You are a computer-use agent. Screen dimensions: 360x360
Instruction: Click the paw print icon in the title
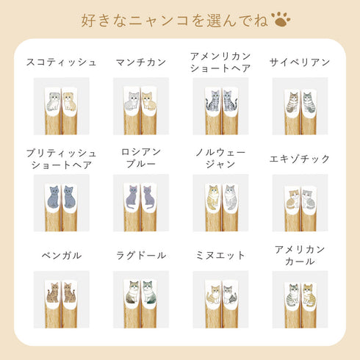(281, 19)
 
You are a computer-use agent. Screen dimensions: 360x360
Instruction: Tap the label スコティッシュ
(61, 62)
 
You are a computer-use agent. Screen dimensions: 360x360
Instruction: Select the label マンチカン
(141, 62)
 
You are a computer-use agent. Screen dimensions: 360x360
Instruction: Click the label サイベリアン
(300, 62)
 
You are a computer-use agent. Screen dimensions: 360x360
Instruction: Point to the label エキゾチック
(300, 159)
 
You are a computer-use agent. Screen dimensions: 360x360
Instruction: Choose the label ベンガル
(61, 256)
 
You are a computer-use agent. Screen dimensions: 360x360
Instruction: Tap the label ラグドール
(141, 256)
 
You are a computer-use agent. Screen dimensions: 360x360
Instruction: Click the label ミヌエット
(220, 256)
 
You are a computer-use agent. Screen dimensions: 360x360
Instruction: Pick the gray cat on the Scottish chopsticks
(53, 101)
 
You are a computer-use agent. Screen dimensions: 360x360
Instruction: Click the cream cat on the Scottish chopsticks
(70, 101)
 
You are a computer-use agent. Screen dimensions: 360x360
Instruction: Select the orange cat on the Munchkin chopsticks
(149, 101)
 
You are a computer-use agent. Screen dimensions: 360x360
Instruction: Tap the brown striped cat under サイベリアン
(292, 102)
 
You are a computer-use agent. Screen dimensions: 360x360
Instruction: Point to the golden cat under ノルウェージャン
(212, 197)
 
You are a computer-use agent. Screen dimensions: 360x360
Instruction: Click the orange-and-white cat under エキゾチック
(292, 200)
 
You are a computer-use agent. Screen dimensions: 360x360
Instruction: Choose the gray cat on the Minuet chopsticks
(230, 295)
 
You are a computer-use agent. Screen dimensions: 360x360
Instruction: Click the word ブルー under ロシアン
(141, 164)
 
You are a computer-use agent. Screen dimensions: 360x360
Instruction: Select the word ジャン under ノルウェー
(220, 164)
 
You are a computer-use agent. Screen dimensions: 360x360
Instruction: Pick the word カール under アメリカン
(300, 262)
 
